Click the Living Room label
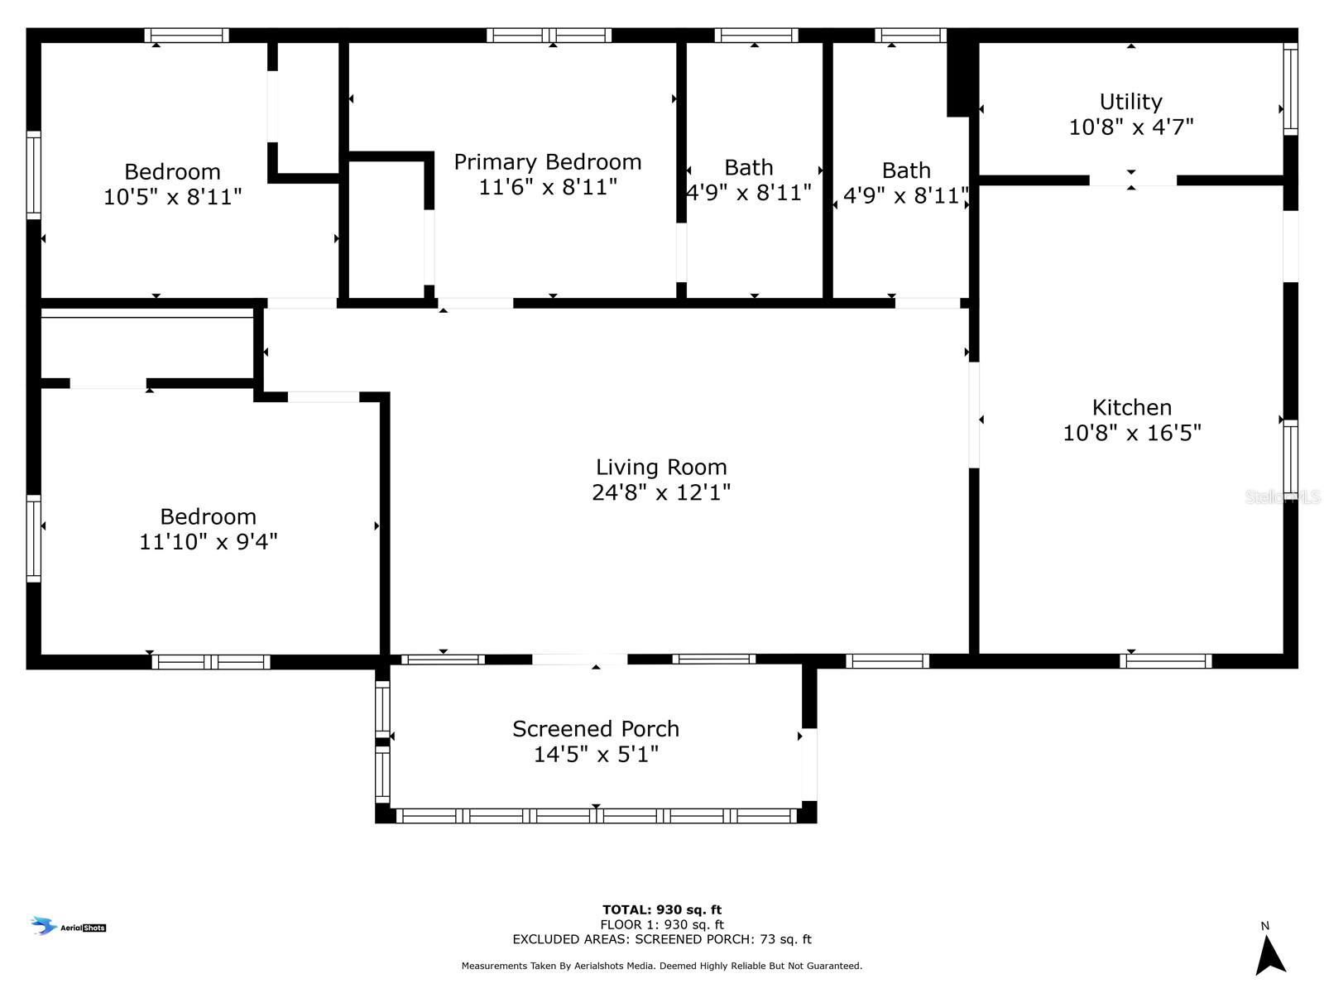click(x=661, y=467)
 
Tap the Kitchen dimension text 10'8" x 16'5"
click(x=1131, y=433)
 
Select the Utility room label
click(x=1130, y=102)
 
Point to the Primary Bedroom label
click(x=547, y=162)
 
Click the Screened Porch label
click(x=595, y=729)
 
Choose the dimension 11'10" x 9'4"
click(x=208, y=541)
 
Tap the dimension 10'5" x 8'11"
click(x=172, y=197)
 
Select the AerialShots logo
click(x=68, y=926)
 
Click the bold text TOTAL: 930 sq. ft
click(x=662, y=909)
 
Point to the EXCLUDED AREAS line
click(x=662, y=938)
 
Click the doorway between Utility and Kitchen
click(x=1132, y=180)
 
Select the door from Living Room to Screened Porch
click(x=579, y=659)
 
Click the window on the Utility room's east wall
click(x=1290, y=89)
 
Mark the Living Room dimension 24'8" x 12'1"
click(x=661, y=492)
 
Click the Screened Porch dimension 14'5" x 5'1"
click(x=596, y=754)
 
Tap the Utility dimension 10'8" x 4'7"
click(x=1131, y=127)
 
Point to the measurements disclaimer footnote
click(x=662, y=965)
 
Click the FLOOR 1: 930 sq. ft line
click(x=662, y=924)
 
